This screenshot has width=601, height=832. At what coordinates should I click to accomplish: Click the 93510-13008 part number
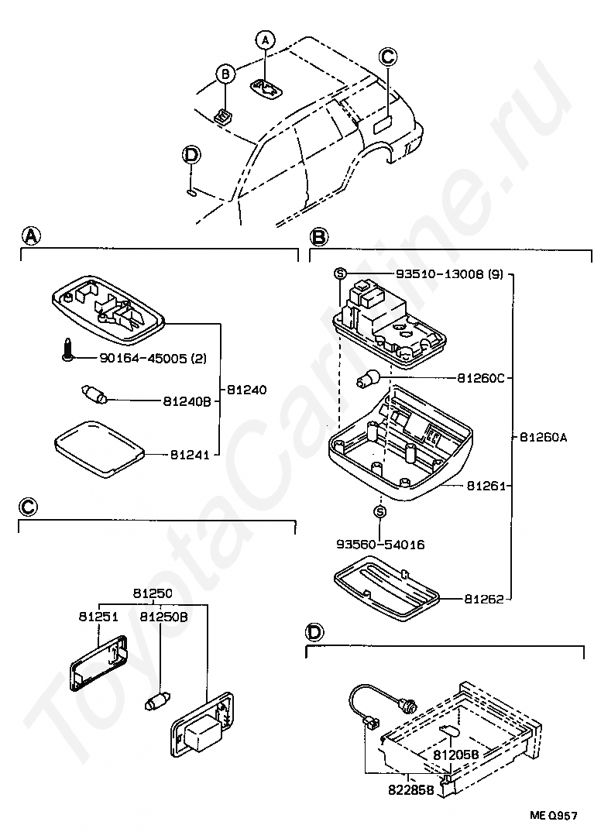440,274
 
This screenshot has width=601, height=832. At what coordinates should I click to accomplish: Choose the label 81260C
480,378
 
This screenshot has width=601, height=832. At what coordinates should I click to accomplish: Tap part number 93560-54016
379,545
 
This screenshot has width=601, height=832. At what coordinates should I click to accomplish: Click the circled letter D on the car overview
191,155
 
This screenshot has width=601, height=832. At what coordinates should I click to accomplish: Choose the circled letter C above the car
388,56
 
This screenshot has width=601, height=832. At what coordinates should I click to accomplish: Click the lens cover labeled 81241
99,446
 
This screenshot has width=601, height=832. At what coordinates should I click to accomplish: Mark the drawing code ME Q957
554,815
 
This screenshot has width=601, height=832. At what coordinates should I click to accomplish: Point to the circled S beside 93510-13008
338,273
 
